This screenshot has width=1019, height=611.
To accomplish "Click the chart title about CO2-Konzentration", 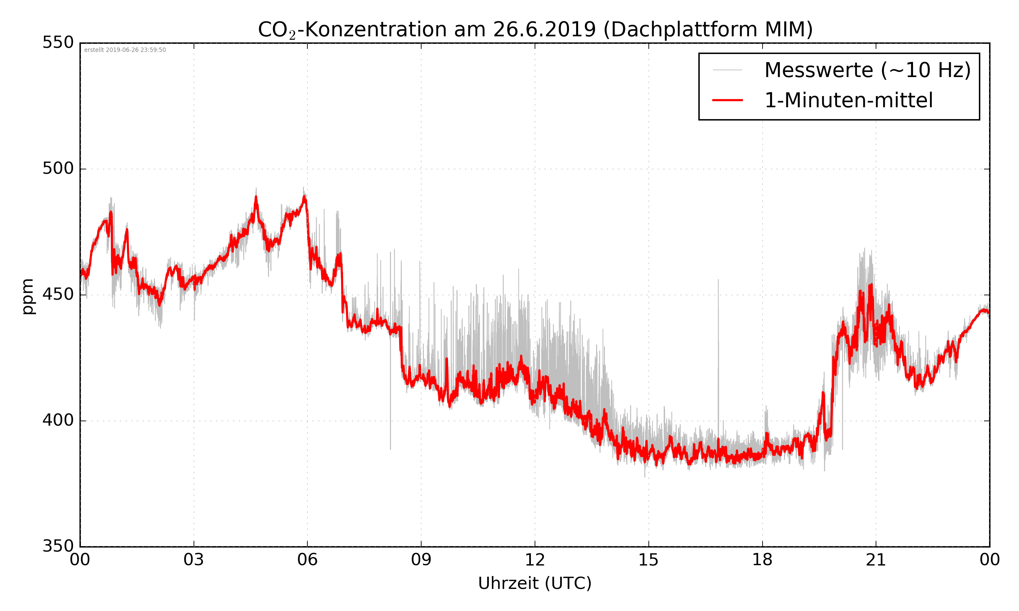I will pyautogui.click(x=535, y=30).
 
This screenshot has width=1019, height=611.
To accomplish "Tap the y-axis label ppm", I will pyautogui.click(x=28, y=296).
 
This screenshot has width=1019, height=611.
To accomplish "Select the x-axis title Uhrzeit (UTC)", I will pyautogui.click(x=535, y=583).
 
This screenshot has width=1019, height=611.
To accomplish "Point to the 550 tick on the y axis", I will pyautogui.click(x=58, y=42).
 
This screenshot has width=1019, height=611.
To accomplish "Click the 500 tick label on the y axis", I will pyautogui.click(x=58, y=168).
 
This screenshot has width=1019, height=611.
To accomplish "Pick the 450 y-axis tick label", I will pyautogui.click(x=58, y=294).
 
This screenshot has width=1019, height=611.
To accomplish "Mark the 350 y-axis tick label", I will pyautogui.click(x=58, y=547).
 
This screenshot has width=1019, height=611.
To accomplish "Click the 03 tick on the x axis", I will pyautogui.click(x=194, y=560).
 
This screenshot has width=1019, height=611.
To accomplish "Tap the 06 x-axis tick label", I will pyautogui.click(x=307, y=560).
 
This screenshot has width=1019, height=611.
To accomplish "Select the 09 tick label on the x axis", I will pyautogui.click(x=421, y=560).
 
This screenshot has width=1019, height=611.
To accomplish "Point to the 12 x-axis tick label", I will pyautogui.click(x=535, y=560).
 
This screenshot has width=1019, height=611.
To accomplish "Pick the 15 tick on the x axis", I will pyautogui.click(x=648, y=560).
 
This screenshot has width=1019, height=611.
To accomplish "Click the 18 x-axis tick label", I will pyautogui.click(x=762, y=560).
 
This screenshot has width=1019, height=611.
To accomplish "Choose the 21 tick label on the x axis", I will pyautogui.click(x=876, y=560).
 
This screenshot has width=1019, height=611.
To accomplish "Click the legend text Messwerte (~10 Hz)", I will pyautogui.click(x=868, y=70).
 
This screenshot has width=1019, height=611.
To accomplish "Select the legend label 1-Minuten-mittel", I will pyautogui.click(x=848, y=100).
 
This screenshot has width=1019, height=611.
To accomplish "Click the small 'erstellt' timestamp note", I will pyautogui.click(x=125, y=50).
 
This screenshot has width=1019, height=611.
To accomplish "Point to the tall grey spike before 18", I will pyautogui.click(x=718, y=329).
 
